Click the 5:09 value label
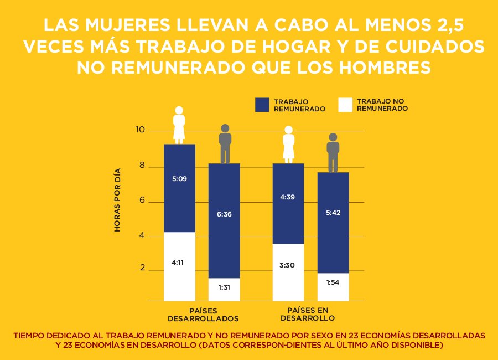tap(179, 179)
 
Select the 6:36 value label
tap(224, 214)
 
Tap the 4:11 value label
tap(179, 263)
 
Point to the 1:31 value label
tap(224, 287)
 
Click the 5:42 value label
tap(333, 215)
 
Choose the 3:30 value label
tap(288, 265)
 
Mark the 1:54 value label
tap(333, 282)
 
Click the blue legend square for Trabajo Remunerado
tap(262, 105)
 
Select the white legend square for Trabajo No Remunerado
tap(345, 105)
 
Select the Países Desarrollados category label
tap(203, 315)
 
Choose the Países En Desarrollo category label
tap(308, 314)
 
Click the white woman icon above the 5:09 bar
tap(179, 125)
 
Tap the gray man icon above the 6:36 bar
tap(225, 143)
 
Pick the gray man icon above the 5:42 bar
tap(333, 152)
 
